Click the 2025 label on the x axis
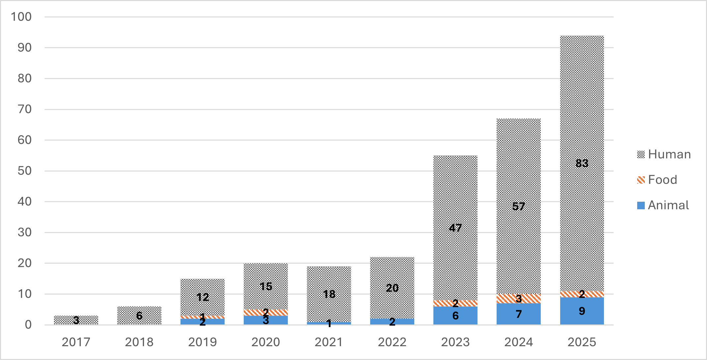(582, 342)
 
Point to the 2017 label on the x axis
(76, 342)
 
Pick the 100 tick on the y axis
(21, 17)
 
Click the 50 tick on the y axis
(24, 171)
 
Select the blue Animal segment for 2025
(582, 311)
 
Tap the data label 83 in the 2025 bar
(582, 163)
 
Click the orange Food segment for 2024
(519, 298)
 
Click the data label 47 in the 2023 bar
(455, 228)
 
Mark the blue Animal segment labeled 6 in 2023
(455, 316)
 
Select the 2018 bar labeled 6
(139, 316)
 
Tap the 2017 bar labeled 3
(76, 320)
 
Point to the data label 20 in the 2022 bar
(392, 288)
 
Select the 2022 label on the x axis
(392, 342)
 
